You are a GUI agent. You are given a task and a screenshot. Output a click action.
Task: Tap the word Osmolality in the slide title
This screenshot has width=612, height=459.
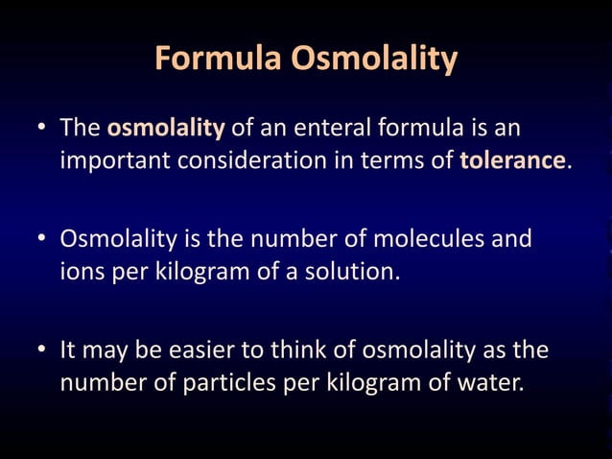pyautogui.click(x=374, y=60)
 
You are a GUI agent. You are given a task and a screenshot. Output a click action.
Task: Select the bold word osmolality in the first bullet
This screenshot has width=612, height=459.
pyautogui.click(x=166, y=128)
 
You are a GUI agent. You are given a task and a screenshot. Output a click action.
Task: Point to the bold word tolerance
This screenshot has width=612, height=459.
pyautogui.click(x=511, y=159)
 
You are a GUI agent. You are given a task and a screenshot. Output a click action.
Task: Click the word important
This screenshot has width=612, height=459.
pyautogui.click(x=115, y=159)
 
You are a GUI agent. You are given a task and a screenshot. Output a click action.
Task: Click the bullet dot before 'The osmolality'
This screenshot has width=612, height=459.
pyautogui.click(x=42, y=130)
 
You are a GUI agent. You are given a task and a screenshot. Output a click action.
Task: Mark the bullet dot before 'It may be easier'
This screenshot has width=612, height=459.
pyautogui.click(x=42, y=350)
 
